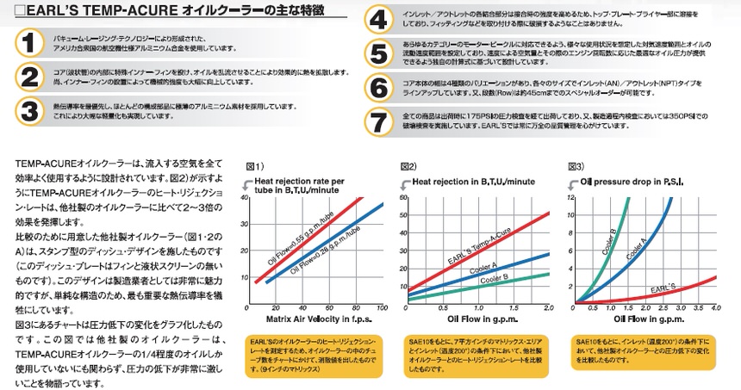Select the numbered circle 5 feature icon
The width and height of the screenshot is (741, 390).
coord(378,53)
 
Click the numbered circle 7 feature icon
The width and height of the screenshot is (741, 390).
coord(378,122)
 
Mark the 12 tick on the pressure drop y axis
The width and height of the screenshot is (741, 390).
coord(570,197)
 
